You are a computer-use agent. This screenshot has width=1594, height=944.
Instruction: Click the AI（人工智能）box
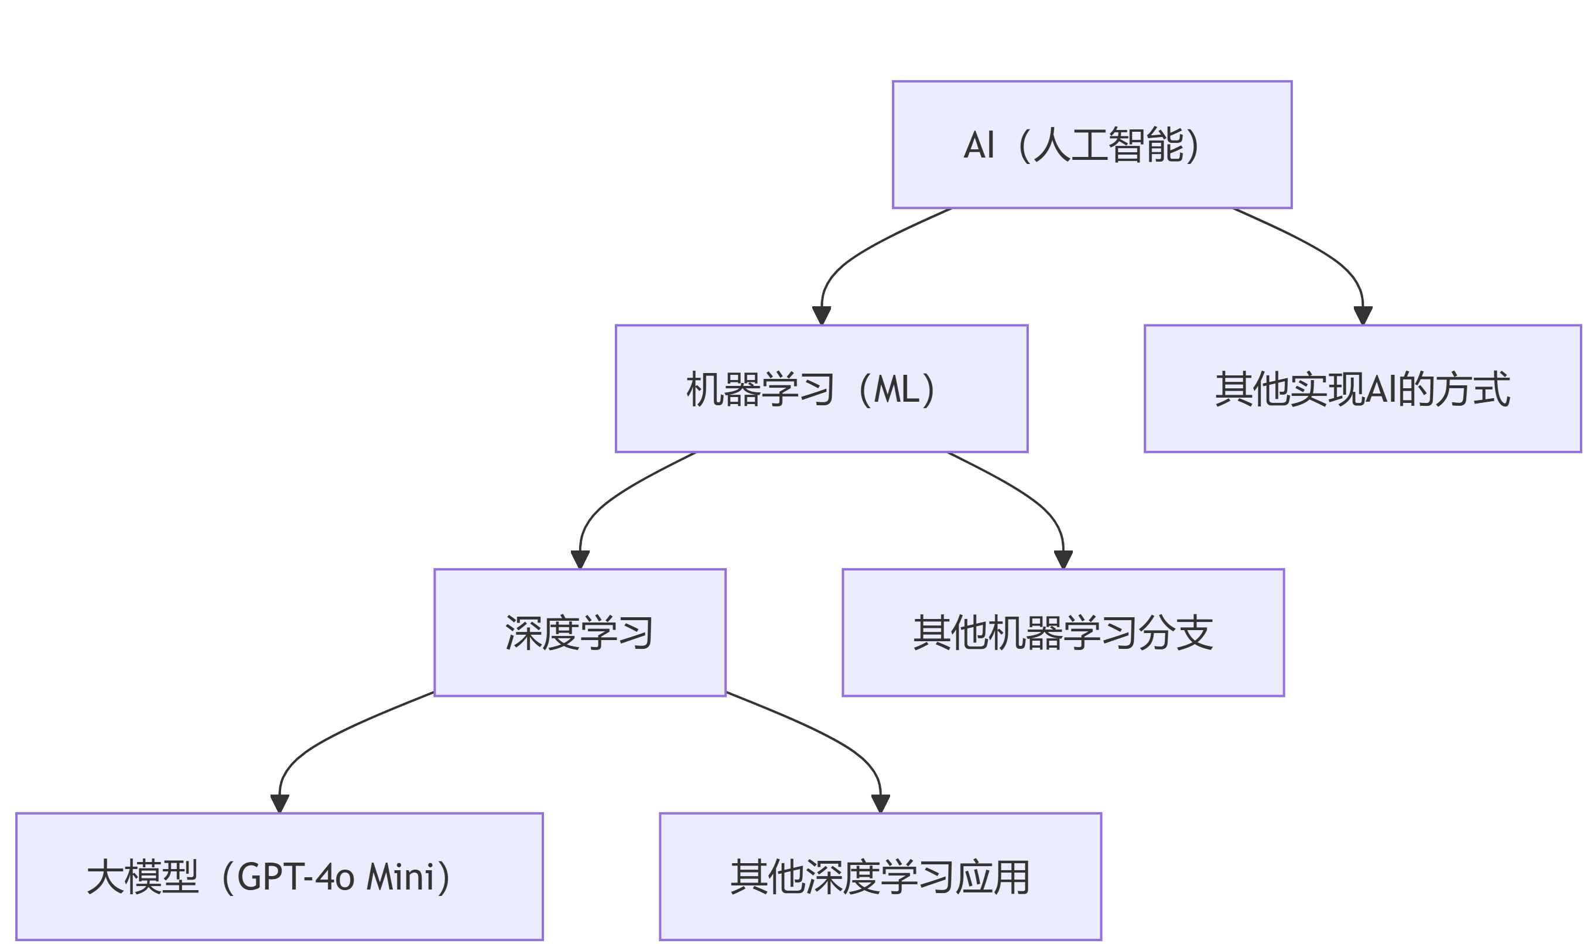coord(1092,145)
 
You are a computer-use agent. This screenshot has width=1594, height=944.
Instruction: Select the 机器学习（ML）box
coord(821,389)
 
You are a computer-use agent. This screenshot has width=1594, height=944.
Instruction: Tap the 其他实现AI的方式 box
coord(1363,389)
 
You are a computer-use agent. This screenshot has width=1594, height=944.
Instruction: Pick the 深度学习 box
coord(580,632)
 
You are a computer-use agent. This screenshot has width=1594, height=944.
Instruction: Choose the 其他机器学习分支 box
coord(1063,632)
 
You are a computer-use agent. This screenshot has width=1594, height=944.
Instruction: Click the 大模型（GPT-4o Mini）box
coord(279,876)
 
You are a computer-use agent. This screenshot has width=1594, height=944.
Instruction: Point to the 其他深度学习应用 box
coord(880,876)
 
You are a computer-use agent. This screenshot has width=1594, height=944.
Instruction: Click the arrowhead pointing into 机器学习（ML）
coord(821,315)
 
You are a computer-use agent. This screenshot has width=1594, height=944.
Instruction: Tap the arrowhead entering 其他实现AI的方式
coord(1363,315)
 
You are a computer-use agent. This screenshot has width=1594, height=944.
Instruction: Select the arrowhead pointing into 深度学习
coord(580,559)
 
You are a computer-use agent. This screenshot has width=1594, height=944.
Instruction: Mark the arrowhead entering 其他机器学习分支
coord(1063,559)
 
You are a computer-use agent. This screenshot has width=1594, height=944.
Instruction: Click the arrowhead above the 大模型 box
coord(279,803)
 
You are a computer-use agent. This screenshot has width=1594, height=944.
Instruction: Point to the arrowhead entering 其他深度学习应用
coord(880,803)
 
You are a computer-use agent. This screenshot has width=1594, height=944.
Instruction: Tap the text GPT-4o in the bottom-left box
coord(296,877)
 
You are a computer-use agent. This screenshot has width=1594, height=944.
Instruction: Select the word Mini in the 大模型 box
coord(400,877)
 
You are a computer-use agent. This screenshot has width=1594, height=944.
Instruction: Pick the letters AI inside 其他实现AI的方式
coord(1381,389)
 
